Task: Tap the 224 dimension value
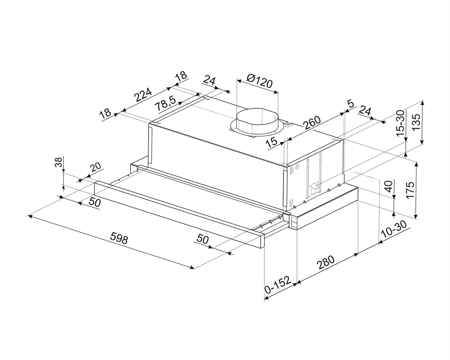tap(143, 96)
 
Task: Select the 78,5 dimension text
tap(166, 103)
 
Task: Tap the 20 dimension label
tap(96, 167)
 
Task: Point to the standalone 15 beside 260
tap(272, 142)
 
